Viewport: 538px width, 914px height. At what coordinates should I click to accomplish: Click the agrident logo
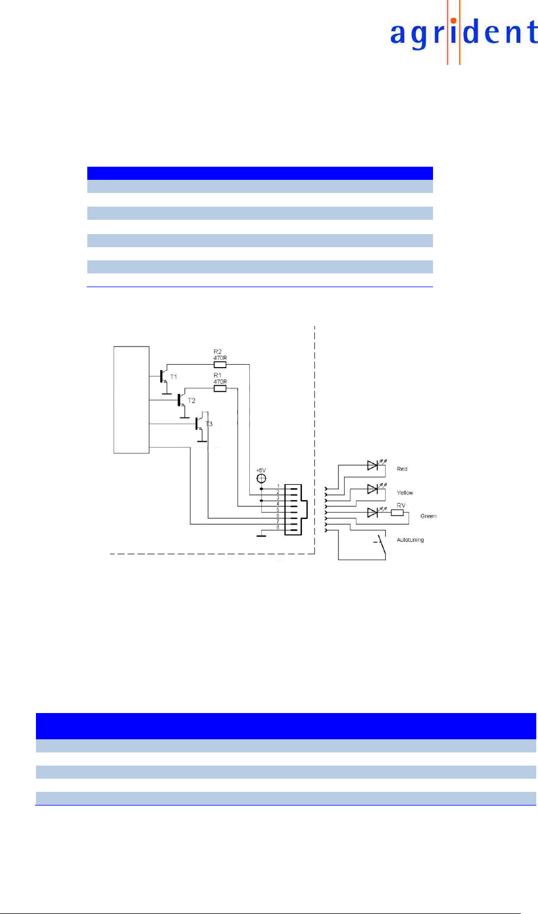(463, 33)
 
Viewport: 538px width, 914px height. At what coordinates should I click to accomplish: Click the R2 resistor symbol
(220, 364)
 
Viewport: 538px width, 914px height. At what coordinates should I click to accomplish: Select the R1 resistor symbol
(220, 389)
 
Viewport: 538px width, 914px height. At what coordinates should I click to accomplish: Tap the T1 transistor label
(173, 377)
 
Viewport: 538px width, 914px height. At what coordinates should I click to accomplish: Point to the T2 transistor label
(192, 401)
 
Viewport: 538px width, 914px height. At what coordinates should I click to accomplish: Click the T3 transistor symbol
(199, 424)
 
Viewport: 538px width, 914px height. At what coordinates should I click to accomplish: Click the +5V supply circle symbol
(261, 478)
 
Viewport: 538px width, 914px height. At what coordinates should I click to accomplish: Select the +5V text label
(261, 470)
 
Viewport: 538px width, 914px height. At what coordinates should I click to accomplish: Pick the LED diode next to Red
(373, 465)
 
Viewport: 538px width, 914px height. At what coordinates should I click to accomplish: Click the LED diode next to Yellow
(373, 489)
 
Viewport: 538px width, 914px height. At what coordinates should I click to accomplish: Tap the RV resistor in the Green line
(397, 513)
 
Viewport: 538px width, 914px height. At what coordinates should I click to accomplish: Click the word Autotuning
(410, 540)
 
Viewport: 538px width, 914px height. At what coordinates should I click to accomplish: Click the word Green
(428, 516)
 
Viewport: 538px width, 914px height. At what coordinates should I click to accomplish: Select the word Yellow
(405, 493)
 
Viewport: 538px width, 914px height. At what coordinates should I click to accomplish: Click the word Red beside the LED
(402, 469)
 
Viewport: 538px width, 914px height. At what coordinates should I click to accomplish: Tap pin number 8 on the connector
(278, 528)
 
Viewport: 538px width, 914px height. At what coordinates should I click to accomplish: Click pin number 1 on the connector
(278, 486)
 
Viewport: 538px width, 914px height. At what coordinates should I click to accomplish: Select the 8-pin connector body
(293, 509)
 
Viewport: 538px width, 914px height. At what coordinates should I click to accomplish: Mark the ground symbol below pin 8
(262, 535)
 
